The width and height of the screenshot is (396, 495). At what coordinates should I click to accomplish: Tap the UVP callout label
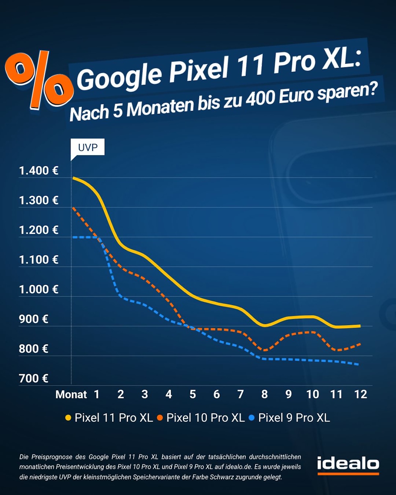tap(87, 147)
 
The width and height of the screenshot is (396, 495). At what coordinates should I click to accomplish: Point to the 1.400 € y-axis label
tap(39, 171)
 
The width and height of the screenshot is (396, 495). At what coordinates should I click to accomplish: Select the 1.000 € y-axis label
tap(39, 289)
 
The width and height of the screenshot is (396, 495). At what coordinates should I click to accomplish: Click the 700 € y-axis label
tap(34, 379)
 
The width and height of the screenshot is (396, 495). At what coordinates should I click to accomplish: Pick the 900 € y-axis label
tap(34, 319)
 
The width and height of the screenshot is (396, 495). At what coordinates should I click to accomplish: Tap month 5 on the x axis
tap(193, 394)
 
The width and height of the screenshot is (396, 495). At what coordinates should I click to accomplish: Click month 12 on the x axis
tap(361, 394)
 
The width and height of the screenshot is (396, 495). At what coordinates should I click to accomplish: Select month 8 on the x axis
tap(264, 394)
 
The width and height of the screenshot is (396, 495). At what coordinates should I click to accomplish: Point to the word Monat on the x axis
tap(71, 394)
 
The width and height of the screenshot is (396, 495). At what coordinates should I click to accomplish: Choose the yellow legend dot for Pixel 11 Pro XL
tap(68, 418)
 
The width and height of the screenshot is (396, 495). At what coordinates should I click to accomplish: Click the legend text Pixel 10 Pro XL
tap(206, 418)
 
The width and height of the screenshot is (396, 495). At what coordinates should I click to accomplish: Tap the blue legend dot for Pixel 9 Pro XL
tap(252, 418)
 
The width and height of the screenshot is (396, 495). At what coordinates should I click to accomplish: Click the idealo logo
tap(348, 465)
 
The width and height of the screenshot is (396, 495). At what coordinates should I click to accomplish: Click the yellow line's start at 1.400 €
tap(73, 178)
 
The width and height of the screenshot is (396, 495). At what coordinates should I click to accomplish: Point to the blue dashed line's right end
tap(358, 364)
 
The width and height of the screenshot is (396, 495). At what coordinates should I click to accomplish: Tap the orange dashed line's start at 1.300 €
tap(73, 208)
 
